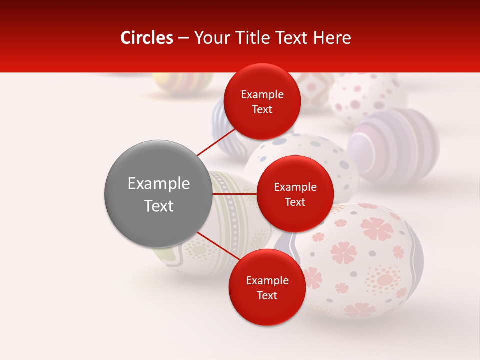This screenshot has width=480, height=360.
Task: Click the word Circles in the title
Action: click(146, 38)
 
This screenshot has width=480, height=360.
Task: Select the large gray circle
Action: click(158, 194)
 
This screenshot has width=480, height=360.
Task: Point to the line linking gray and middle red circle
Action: click(234, 194)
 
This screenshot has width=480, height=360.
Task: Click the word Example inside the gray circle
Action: click(158, 183)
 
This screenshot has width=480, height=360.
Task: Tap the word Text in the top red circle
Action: click(262, 110)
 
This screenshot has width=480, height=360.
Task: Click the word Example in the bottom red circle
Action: click(267, 280)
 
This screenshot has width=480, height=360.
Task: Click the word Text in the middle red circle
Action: click(295, 202)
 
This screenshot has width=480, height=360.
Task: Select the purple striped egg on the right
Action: click(395, 145)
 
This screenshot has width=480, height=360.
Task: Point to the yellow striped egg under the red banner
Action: click(182, 82)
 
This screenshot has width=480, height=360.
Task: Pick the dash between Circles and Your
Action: click(183, 38)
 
